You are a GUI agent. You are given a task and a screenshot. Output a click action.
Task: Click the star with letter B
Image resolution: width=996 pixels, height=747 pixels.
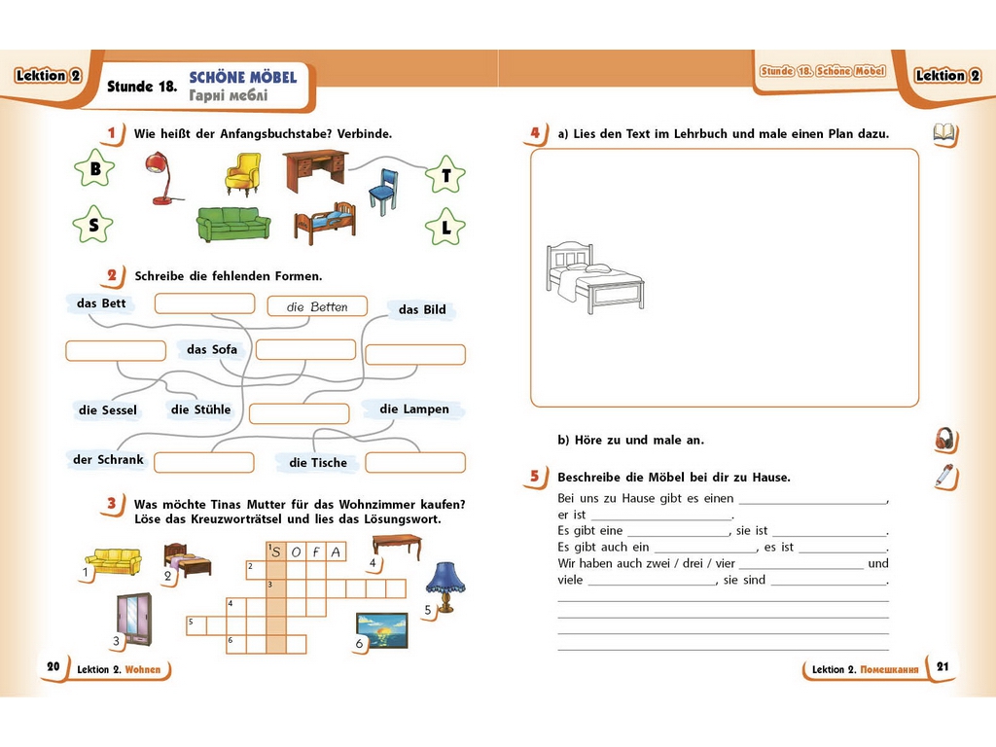[94, 168]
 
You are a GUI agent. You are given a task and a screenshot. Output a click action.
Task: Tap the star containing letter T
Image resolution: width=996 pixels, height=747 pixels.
[445, 175]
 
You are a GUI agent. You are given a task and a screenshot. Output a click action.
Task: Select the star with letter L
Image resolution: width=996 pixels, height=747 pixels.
[445, 227]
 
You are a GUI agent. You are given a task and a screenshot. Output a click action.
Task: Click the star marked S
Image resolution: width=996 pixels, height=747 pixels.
[92, 225]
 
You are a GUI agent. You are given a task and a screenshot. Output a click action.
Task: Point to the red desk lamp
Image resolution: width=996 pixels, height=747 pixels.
[160, 178]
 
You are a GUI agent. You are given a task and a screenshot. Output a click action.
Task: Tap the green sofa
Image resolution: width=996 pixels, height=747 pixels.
[233, 224]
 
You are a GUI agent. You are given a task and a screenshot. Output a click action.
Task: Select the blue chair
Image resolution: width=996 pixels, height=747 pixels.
[384, 191]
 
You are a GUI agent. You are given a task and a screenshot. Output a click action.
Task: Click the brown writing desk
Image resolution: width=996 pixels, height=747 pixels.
[316, 170]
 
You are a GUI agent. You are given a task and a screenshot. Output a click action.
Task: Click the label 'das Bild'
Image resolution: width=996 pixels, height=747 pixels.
[422, 310]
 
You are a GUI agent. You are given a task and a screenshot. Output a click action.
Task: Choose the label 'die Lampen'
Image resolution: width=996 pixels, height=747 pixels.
[414, 409]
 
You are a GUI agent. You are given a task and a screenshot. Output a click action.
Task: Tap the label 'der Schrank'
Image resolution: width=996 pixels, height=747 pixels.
[108, 459]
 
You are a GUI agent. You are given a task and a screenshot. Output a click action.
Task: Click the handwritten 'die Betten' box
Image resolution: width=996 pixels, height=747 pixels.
[317, 306]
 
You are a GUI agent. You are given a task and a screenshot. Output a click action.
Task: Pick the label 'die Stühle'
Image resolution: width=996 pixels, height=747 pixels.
[200, 409]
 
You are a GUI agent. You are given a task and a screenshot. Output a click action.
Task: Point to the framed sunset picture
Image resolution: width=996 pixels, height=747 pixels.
[381, 630]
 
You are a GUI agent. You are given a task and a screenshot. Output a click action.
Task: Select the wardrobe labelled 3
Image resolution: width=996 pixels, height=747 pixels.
[134, 619]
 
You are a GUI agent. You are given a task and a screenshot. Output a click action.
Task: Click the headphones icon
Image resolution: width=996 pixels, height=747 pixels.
[945, 439]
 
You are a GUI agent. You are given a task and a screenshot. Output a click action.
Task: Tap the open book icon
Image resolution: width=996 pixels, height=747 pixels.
[944, 133]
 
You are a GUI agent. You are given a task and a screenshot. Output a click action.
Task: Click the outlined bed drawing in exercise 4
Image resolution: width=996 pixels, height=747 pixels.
[594, 277]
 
